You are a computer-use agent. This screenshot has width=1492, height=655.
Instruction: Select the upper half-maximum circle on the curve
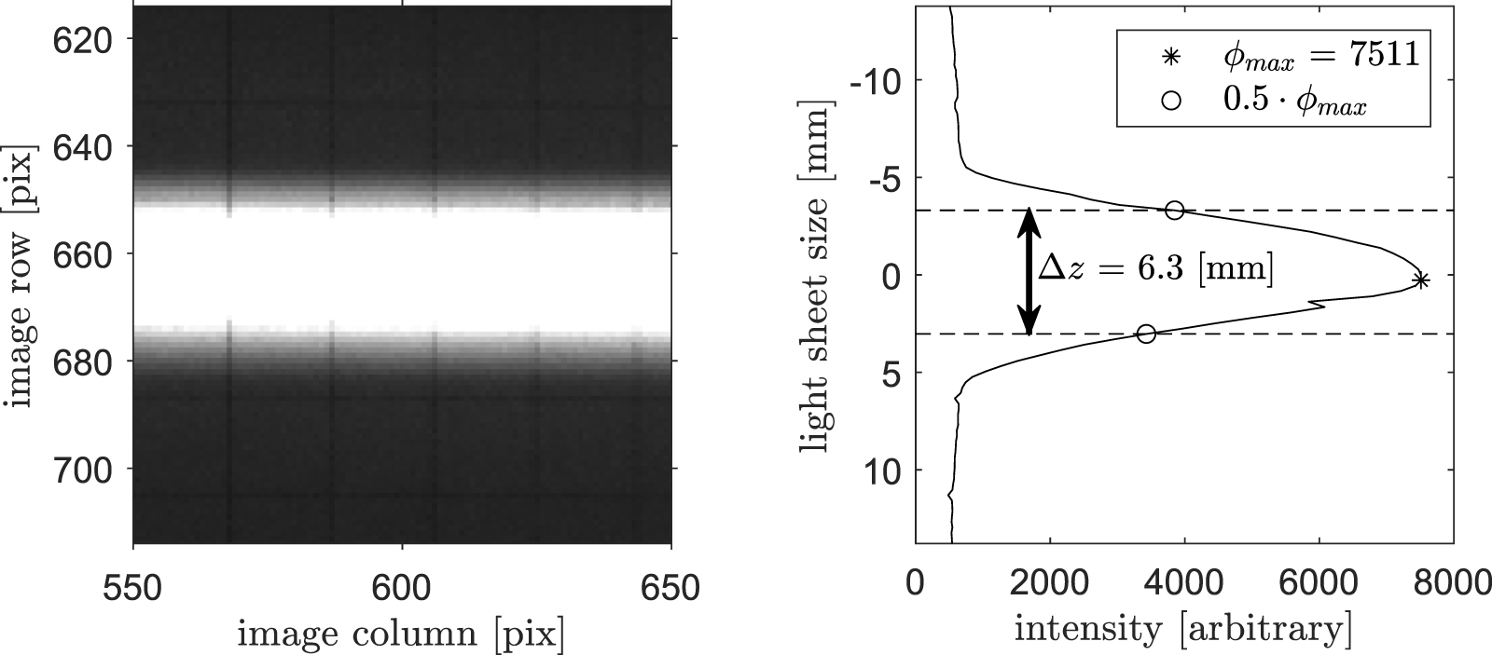coord(1175,211)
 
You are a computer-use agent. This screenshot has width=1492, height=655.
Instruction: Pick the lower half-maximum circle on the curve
coord(1147,334)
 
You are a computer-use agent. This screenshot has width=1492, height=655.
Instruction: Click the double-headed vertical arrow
coord(1029,271)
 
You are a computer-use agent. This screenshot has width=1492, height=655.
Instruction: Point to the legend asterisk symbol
coord(1170,57)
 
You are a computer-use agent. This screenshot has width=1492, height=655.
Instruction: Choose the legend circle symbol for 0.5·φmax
coord(1170,102)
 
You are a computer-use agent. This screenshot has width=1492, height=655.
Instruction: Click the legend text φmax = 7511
coord(1320,56)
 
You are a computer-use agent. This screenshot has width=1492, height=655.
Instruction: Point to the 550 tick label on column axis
coord(134,589)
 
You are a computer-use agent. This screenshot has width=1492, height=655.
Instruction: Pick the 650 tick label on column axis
coord(671,589)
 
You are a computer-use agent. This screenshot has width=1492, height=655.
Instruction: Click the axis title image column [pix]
coord(401,635)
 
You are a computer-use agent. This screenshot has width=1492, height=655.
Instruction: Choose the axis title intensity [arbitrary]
coord(1183,631)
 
